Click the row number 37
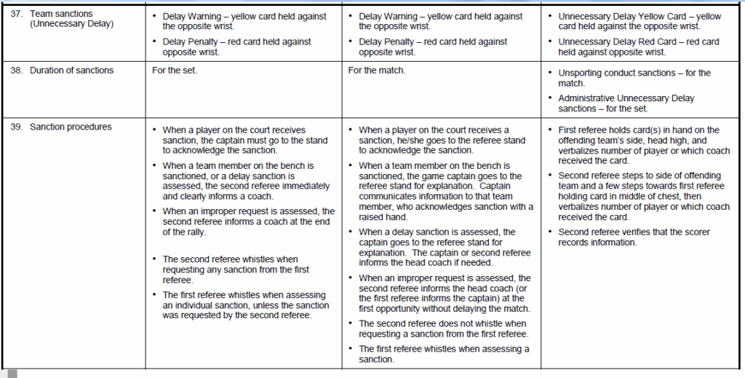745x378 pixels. [16, 14]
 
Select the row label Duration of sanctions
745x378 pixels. [71, 71]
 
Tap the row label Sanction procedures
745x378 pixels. [71, 127]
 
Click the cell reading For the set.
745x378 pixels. [174, 71]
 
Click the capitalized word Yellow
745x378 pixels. [665, 16]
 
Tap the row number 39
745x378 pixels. [16, 127]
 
